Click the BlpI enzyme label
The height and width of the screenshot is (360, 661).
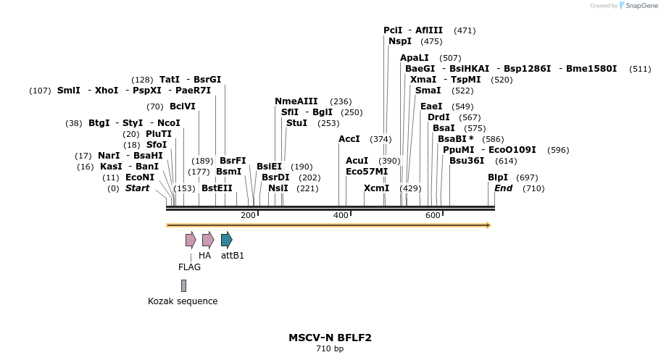[x=498, y=177]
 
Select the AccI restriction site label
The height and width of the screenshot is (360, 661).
[x=349, y=139]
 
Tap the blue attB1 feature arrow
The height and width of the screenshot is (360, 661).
[x=226, y=240]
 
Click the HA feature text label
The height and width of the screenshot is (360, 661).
[x=204, y=256]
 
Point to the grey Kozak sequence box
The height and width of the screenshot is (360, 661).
[x=184, y=285]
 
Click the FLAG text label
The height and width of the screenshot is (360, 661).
[x=189, y=267]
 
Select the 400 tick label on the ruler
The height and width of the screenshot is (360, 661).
[x=341, y=215]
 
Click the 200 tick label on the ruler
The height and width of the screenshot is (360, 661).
[x=248, y=215]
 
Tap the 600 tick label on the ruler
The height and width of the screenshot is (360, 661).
[x=433, y=215]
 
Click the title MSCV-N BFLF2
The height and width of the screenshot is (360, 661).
[x=330, y=338]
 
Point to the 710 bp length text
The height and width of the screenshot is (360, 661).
[x=330, y=349]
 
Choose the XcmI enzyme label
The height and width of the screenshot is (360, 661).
[x=376, y=188]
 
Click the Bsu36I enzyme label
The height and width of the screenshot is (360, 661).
[x=467, y=161]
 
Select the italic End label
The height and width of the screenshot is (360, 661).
[x=503, y=188]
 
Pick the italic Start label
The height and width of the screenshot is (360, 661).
[x=137, y=188]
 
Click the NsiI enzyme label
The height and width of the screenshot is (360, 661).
[x=278, y=188]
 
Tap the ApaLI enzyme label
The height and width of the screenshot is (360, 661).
[x=415, y=58]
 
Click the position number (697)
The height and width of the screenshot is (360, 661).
[x=527, y=177]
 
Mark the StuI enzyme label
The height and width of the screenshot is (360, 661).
[x=296, y=123]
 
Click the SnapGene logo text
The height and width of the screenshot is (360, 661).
[x=638, y=6]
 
